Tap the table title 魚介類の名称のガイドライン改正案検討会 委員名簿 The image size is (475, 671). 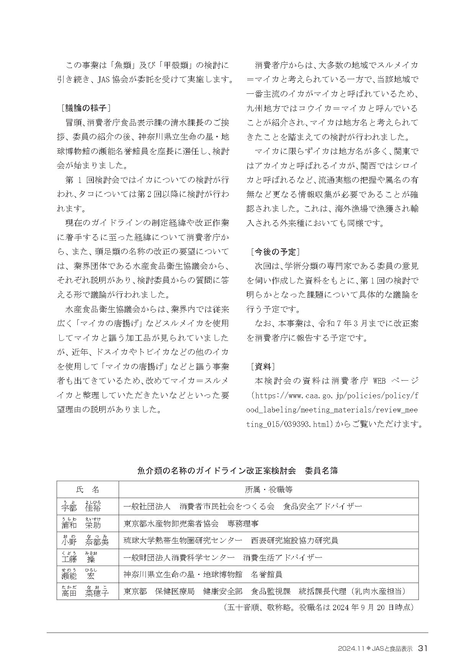click(x=237, y=471)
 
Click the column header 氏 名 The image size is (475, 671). click(x=88, y=490)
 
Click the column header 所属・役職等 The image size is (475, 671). click(x=269, y=490)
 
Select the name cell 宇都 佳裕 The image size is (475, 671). click(x=81, y=507)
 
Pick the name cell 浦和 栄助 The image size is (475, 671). click(x=81, y=524)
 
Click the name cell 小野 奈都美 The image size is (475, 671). click(x=85, y=541)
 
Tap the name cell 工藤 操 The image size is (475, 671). click(x=78, y=558)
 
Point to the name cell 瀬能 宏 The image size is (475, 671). click(x=78, y=575)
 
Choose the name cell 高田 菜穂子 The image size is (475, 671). click(x=85, y=592)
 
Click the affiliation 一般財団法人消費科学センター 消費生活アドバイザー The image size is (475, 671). click(x=223, y=557)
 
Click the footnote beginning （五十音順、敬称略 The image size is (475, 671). click(x=318, y=607)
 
